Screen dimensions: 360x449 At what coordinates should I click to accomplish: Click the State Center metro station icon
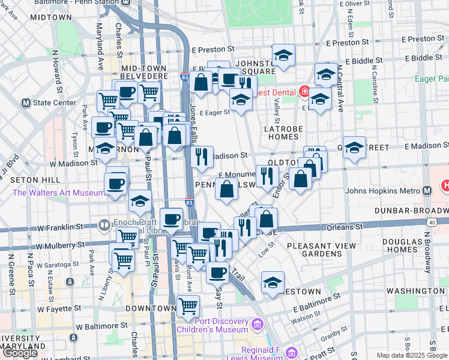click(x=26, y=103)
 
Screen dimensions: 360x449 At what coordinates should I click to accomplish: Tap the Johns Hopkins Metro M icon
click(x=427, y=191)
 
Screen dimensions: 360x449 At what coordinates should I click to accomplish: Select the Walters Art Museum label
click(x=58, y=193)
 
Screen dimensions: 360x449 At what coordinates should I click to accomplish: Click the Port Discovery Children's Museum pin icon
click(x=257, y=324)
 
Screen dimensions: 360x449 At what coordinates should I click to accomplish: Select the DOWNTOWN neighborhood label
click(x=151, y=308)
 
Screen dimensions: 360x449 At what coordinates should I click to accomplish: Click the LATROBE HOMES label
click(x=284, y=134)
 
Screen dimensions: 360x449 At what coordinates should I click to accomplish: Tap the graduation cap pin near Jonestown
click(x=273, y=282)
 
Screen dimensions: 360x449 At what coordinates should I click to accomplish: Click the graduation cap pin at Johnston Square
click(x=283, y=55)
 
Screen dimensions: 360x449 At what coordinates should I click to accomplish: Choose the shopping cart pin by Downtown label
click(x=188, y=306)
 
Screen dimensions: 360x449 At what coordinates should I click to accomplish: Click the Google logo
click(x=20, y=352)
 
